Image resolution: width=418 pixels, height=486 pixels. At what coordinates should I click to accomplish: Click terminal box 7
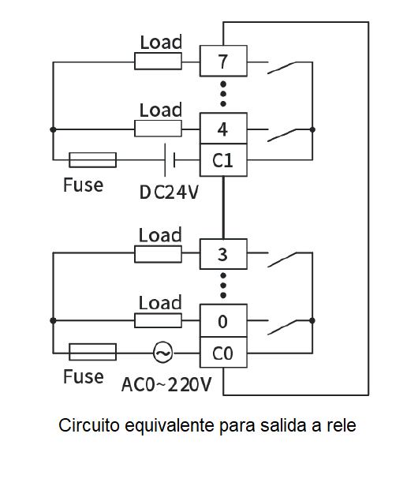point(223,61)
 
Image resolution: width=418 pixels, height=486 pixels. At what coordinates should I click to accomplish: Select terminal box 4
point(223,128)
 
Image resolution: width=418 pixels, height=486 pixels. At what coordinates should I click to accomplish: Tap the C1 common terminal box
point(223,160)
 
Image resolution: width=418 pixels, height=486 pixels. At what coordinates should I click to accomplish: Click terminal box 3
point(223,254)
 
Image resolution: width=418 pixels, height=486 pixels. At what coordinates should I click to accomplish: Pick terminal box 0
point(223,320)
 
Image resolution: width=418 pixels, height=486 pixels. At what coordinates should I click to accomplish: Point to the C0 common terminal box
point(223,353)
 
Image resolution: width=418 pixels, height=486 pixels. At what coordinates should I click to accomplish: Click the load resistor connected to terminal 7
point(158,61)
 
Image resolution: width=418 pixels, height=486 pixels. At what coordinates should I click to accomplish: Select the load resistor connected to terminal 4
point(158,129)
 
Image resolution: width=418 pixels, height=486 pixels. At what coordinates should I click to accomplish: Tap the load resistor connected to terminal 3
point(158,254)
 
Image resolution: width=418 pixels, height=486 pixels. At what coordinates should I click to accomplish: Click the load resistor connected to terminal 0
point(158,320)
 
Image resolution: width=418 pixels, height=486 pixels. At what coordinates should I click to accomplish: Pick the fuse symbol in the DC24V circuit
point(92,160)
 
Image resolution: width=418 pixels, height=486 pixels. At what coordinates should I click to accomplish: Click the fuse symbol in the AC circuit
point(92,352)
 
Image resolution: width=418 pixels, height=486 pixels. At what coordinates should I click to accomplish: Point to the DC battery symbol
point(170,160)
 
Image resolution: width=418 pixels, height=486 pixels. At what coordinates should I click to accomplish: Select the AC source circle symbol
point(163,353)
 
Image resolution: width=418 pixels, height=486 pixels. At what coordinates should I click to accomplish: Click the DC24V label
point(169,193)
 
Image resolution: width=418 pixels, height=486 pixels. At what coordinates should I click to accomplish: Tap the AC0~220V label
point(166,384)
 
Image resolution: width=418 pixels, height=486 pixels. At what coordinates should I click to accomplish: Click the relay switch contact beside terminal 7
point(282,68)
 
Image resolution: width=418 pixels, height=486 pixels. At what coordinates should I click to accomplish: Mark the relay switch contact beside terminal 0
point(282,327)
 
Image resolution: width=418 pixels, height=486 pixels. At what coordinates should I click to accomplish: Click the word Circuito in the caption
point(89,425)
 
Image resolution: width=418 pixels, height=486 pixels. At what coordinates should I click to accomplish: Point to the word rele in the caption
point(341,425)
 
